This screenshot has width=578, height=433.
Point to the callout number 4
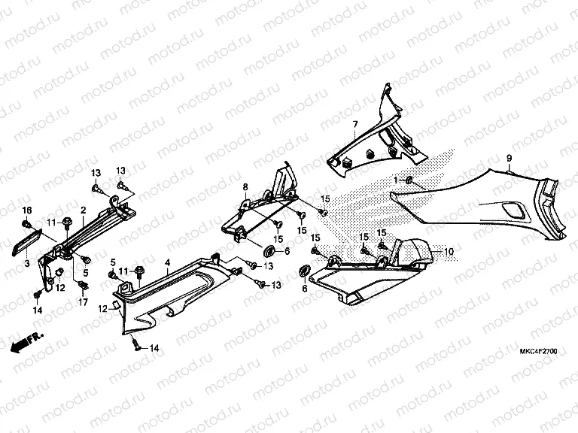(x=167, y=262)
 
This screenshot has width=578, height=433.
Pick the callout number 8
(x=245, y=186)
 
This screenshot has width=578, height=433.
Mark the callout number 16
(x=26, y=208)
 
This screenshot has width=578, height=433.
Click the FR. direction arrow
(x=28, y=343)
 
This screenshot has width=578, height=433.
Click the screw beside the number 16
(x=27, y=223)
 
